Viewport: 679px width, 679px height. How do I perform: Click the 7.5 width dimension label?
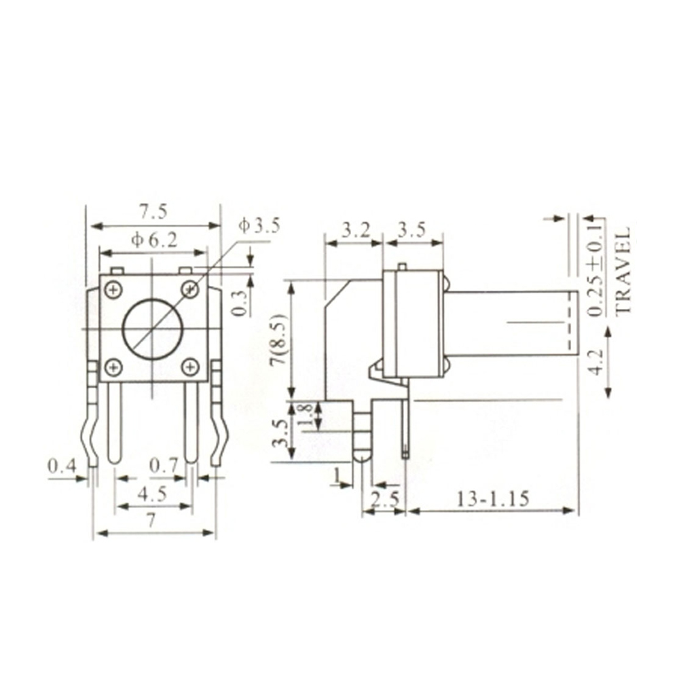(153, 213)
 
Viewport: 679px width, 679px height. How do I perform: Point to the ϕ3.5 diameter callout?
(259, 225)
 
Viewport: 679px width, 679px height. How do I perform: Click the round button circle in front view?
(153, 329)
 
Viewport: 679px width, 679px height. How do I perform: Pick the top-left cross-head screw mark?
(113, 291)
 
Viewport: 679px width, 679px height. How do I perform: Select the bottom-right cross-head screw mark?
(191, 367)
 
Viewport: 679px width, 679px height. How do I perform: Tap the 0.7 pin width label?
(163, 466)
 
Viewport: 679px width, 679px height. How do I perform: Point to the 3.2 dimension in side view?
(355, 230)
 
